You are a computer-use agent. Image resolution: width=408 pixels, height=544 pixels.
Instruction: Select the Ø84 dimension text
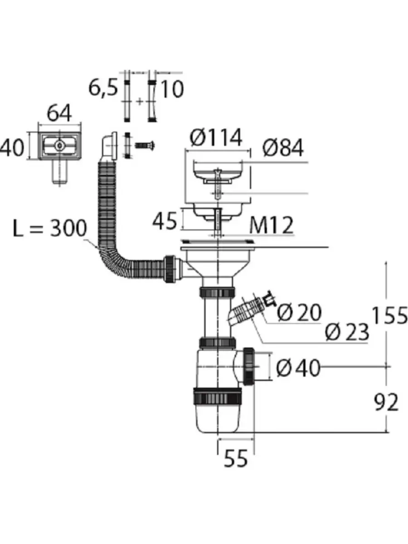click(x=283, y=148)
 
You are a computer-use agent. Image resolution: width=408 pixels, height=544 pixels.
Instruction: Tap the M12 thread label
click(x=272, y=225)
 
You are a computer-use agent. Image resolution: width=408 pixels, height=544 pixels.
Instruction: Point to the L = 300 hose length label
click(x=50, y=228)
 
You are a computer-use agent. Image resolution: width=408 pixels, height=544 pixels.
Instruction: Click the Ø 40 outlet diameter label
click(x=298, y=368)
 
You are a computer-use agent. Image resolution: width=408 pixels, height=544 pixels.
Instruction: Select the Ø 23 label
click(x=347, y=332)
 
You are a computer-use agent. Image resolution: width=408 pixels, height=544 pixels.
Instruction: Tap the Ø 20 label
click(x=299, y=313)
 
